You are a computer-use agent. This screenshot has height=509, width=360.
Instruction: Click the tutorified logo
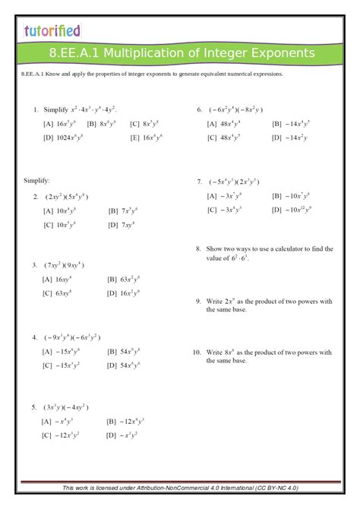[x=52, y=31]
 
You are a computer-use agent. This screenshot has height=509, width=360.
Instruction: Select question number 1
[x=36, y=109]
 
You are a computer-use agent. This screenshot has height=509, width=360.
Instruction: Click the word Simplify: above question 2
[x=37, y=181]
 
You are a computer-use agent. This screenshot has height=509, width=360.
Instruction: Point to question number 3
[x=36, y=265]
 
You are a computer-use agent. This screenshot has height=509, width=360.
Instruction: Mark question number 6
[x=199, y=109]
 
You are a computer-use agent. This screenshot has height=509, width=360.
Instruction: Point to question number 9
[x=198, y=302]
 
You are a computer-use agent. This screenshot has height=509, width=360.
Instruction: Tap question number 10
[x=197, y=353]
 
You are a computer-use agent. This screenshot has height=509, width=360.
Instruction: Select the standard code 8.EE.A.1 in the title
[x=70, y=53]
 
